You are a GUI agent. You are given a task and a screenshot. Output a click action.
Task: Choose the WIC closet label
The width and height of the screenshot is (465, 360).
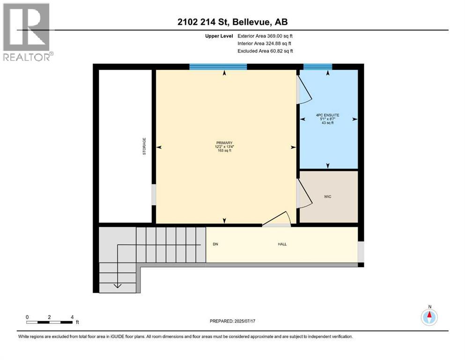coord(327,196)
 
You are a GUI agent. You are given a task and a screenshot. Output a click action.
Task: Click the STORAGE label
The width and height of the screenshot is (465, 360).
coord(144,146)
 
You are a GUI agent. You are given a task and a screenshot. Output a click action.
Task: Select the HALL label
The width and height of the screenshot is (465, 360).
coord(282,244)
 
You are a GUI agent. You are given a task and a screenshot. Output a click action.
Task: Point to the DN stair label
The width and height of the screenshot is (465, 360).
coord(215,244)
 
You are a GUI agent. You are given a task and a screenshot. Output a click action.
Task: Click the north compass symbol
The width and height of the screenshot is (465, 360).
coord(429,316)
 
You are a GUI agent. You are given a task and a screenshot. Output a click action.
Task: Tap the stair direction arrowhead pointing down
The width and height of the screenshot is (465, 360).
coord(118,285)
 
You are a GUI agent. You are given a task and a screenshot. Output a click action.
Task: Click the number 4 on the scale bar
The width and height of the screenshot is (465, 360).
coord(72,317)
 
